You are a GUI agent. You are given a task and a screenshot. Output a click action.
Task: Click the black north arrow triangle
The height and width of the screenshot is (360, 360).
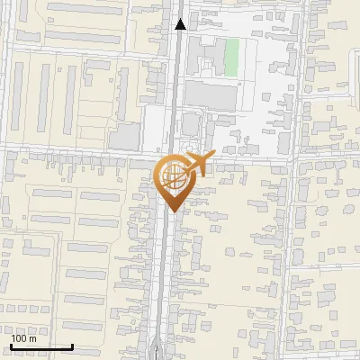pos(180,24)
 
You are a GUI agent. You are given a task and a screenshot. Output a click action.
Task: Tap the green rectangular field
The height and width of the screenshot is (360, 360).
pos(231,57)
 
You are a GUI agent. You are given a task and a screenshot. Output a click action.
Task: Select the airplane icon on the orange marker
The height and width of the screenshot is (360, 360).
pos(199,164)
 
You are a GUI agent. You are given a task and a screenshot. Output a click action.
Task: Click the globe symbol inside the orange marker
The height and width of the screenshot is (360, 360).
pos(173,177)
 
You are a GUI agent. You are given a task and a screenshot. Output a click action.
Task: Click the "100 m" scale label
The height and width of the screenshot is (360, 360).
pos(23,338)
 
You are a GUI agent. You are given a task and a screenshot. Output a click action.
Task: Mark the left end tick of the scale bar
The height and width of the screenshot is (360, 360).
pos(10,346)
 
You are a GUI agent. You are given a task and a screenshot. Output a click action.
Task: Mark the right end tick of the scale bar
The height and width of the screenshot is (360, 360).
pos(72,346)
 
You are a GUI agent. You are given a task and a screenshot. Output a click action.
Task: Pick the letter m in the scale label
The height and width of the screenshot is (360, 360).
pos(32,338)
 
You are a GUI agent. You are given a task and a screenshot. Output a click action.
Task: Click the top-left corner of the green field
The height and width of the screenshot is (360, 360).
pos(224,39)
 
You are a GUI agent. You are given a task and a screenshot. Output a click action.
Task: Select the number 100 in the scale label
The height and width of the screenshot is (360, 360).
pos(19,338)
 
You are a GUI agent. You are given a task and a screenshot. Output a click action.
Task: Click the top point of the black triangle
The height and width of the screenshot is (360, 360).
pos(180,19)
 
